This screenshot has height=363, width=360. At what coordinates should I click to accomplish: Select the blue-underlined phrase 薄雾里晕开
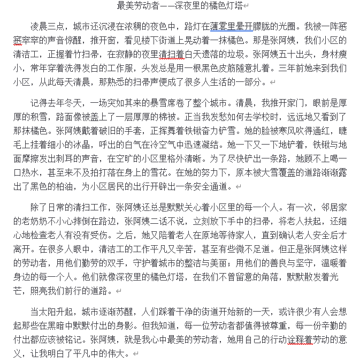(x=220, y=26)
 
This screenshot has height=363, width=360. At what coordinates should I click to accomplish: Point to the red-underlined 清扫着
(x=172, y=54)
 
